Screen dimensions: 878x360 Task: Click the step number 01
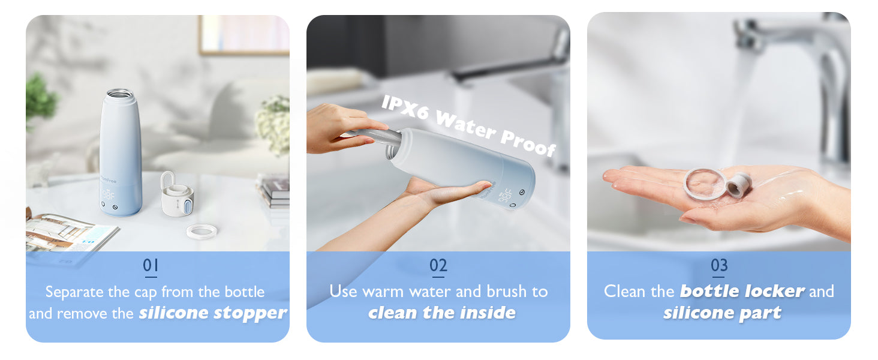pyautogui.click(x=151, y=265)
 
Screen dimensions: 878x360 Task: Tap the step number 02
pyautogui.click(x=438, y=265)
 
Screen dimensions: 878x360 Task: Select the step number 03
pyautogui.click(x=719, y=265)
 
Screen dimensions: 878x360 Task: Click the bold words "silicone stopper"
pyautogui.click(x=214, y=313)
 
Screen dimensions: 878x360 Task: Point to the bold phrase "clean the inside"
pyautogui.click(x=442, y=313)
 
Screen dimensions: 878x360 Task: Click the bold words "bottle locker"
pyautogui.click(x=742, y=291)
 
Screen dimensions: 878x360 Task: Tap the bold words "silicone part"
pyautogui.click(x=722, y=313)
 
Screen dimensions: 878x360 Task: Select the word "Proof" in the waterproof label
pyautogui.click(x=528, y=143)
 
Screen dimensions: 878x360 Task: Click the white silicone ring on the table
pyautogui.click(x=202, y=232)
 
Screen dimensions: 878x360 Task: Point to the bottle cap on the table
pyautogui.click(x=176, y=195)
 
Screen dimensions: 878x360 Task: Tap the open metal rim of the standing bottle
pyautogui.click(x=120, y=94)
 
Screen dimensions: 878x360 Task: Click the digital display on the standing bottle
pyautogui.click(x=109, y=194)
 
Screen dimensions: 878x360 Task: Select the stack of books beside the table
pyautogui.click(x=274, y=191)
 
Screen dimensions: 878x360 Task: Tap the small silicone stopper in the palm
pyautogui.click(x=738, y=184)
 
